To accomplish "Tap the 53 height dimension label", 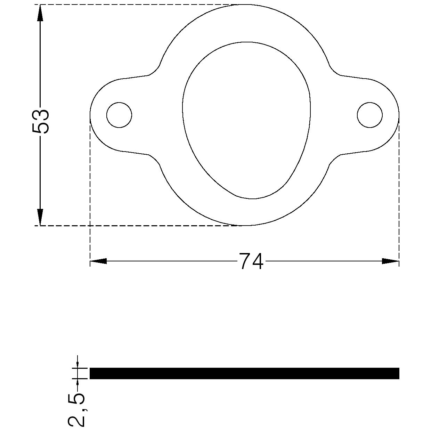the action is tap(40, 121).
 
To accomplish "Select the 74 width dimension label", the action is tap(251, 261).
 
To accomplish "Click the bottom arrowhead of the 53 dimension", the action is tap(40, 217).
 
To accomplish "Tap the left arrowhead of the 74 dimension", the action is tap(98, 261).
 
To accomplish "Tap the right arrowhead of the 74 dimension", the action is tap(391, 261).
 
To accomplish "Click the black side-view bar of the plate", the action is tap(244, 373).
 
